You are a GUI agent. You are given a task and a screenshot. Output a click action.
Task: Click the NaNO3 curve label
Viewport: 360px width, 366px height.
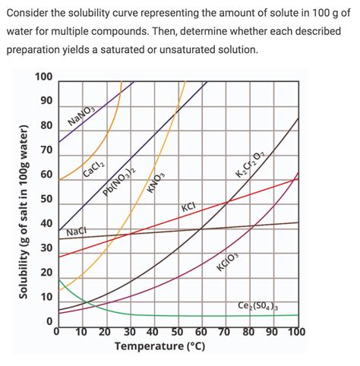pos(81,115)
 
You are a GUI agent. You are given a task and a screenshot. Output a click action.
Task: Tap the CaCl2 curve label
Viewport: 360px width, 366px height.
pos(94,169)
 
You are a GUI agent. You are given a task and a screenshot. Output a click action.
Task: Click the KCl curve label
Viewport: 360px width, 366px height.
pos(188,207)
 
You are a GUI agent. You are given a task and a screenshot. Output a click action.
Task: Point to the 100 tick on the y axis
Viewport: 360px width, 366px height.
pos(43,77)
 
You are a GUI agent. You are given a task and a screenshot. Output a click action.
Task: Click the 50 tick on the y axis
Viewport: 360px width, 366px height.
pos(46,200)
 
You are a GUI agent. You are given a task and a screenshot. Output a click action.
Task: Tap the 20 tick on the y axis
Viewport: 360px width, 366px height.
pos(46,273)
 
